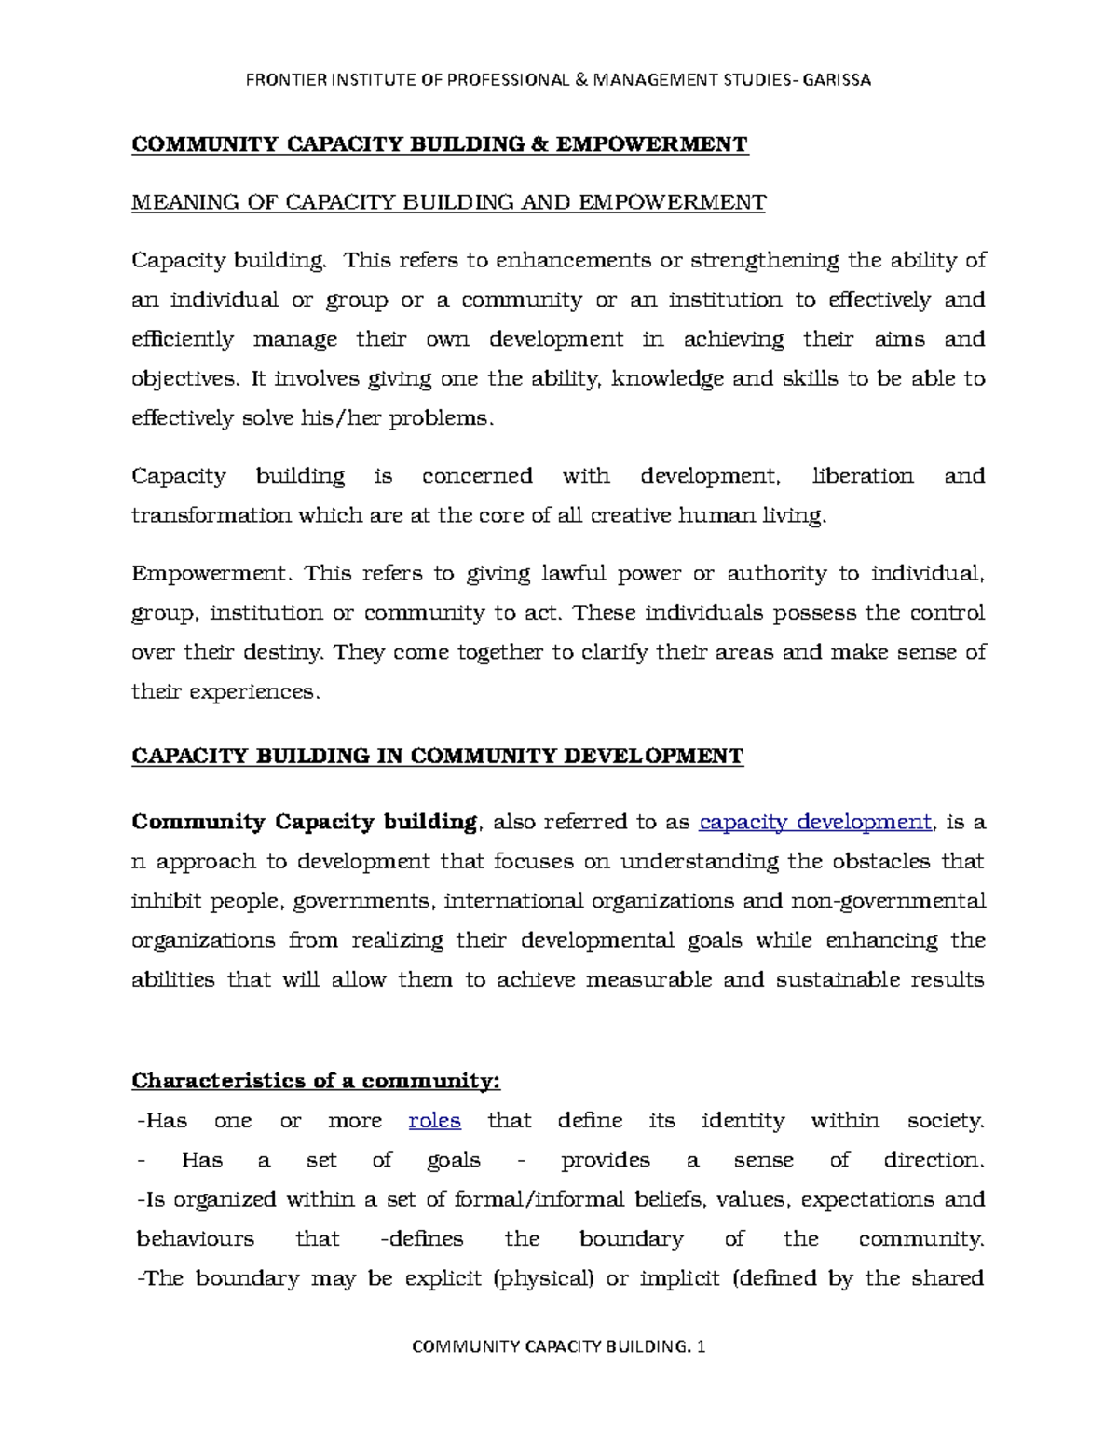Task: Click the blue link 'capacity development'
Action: tap(815, 822)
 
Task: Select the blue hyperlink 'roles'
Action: tap(434, 1120)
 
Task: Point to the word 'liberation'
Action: tap(863, 476)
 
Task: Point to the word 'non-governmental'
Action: tap(887, 901)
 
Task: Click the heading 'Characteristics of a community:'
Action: tap(316, 1081)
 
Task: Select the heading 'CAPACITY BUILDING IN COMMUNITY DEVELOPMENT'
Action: tap(437, 756)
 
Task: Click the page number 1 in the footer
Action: tap(701, 1346)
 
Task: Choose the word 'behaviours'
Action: tap(195, 1238)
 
